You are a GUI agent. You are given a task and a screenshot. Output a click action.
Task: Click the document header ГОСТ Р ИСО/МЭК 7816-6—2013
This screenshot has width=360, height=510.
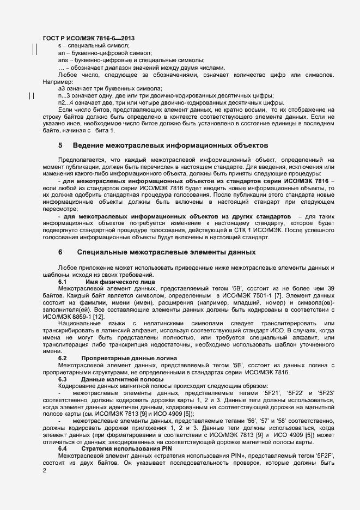click(89, 38)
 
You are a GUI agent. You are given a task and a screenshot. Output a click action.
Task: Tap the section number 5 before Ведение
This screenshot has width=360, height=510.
click(60, 146)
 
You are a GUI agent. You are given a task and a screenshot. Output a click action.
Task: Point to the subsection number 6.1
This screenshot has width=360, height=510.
click(62, 282)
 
